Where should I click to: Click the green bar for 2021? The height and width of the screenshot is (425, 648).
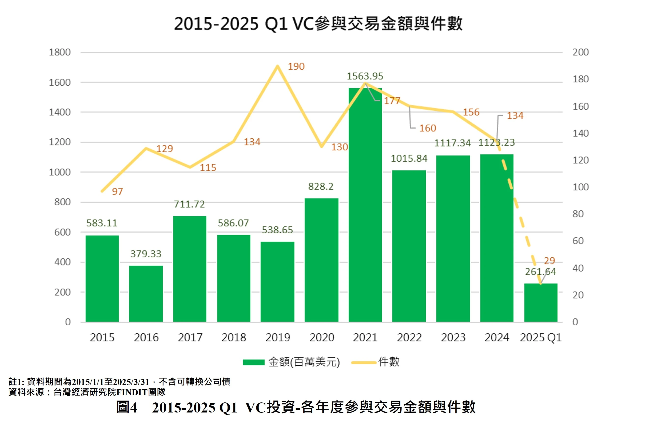point(365,207)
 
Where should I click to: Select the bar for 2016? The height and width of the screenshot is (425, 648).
point(146,294)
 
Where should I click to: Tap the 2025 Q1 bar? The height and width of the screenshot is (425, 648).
point(541,303)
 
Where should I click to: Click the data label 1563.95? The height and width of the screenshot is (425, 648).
point(365,76)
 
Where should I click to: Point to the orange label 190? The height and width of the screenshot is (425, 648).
point(296,66)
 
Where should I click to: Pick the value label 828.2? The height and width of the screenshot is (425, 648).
point(321,186)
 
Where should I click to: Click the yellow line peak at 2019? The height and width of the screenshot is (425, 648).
point(277,66)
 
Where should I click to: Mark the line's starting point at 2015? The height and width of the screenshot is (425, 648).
point(102,191)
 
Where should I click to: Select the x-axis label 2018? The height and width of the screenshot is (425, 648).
point(234,338)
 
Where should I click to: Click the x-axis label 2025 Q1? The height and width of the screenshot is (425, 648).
point(541,338)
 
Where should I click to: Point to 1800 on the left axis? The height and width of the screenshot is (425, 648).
point(60,52)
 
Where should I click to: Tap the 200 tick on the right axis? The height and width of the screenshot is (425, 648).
point(580,52)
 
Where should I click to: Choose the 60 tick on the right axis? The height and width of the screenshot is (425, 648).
point(578,241)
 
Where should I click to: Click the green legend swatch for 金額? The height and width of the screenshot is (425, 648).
point(254,362)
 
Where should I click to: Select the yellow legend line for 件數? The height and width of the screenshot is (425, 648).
point(364,362)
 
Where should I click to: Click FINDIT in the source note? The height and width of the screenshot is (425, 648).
point(132,392)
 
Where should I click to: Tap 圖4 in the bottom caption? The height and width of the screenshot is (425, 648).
point(127,408)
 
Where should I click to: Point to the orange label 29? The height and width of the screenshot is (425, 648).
point(549,261)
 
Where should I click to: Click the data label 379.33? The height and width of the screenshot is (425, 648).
point(146,254)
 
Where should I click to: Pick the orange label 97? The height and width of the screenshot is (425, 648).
point(117,192)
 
